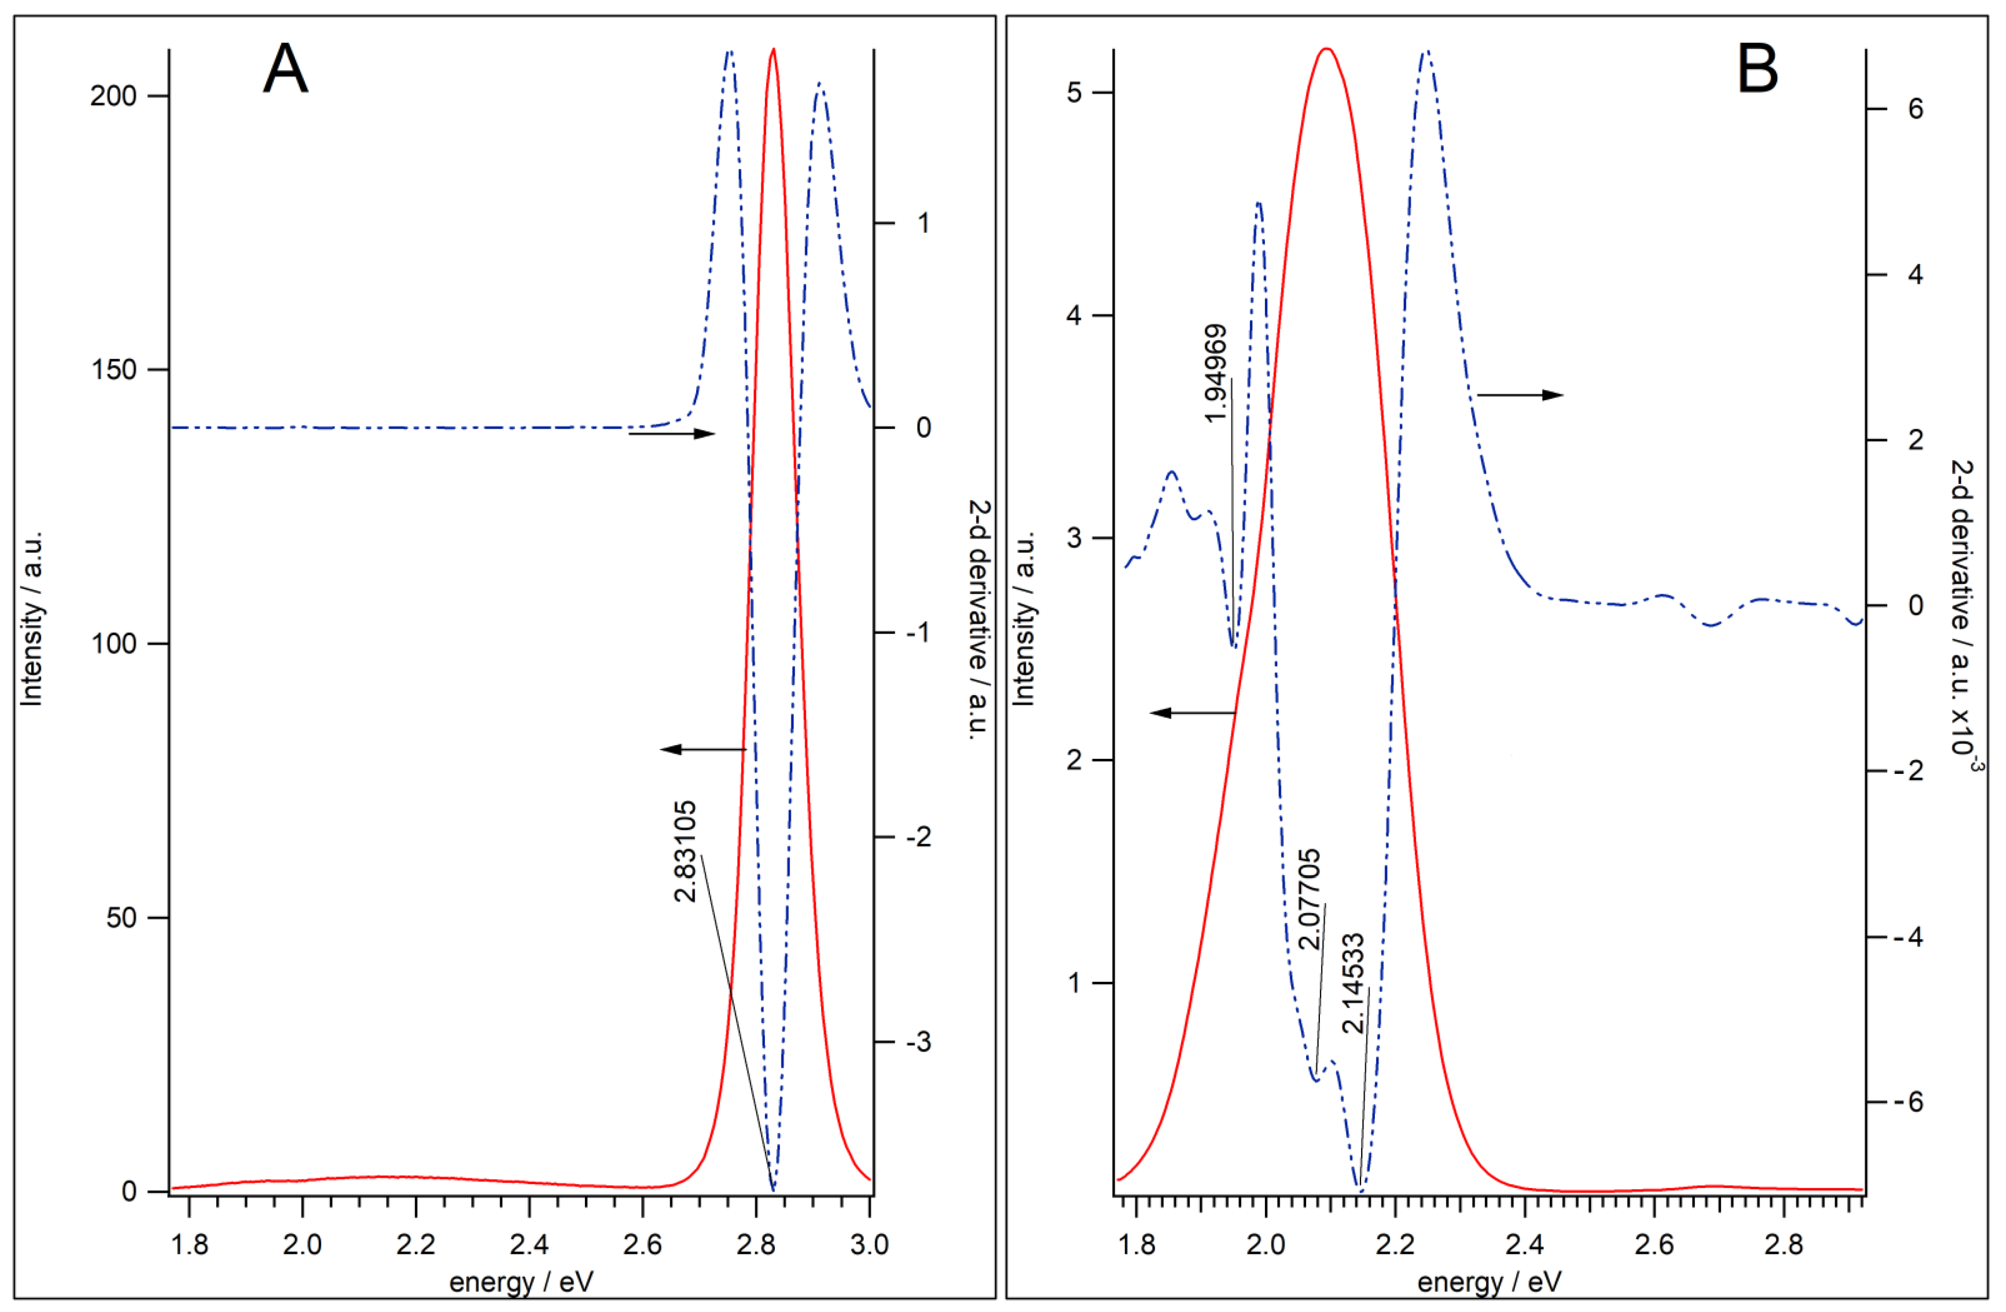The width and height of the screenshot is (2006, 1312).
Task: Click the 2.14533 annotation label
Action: click(1353, 983)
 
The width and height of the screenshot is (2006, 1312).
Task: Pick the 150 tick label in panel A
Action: click(113, 370)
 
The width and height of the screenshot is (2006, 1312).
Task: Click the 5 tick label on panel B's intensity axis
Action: click(1074, 93)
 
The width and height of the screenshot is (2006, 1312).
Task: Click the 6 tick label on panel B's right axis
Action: click(1916, 109)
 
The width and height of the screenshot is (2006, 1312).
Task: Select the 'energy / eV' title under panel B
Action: click(1489, 1283)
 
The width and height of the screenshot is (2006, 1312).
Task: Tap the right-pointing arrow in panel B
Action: click(1520, 394)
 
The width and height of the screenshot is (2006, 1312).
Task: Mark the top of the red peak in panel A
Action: click(773, 50)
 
